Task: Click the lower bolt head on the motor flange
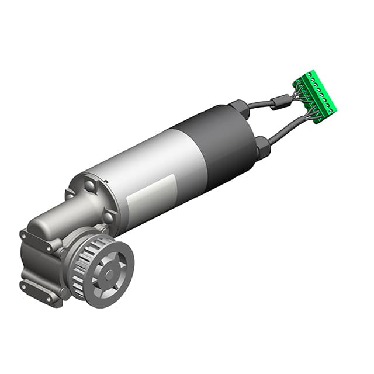108,217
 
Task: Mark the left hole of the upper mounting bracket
24,235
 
